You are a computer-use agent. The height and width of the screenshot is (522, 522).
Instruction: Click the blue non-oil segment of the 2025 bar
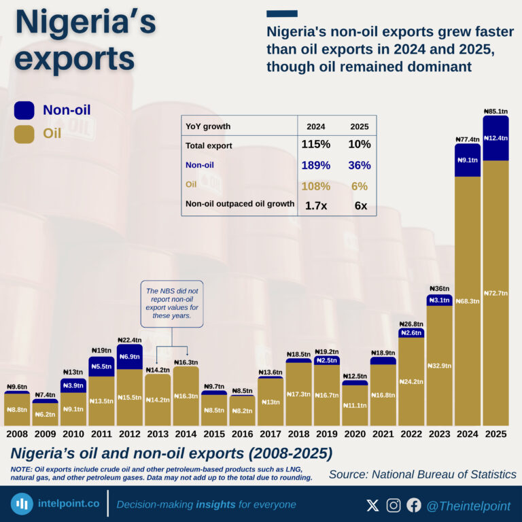495,138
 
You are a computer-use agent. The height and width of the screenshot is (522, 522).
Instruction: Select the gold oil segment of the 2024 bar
468,299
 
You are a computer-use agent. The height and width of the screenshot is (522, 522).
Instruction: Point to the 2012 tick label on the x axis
129,434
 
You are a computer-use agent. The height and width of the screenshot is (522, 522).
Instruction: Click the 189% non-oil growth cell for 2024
316,165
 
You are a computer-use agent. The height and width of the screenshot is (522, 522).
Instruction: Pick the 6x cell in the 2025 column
360,205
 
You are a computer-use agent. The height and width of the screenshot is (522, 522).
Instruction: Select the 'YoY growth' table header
208,126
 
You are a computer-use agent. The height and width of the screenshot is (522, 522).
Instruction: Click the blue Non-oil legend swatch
24,110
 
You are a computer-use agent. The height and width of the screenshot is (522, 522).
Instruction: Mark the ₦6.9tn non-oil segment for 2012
129,357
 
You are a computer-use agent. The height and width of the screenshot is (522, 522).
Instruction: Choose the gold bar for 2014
186,396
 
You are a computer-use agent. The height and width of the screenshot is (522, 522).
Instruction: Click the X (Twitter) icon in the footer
372,505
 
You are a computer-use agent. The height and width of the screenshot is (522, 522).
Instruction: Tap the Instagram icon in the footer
394,505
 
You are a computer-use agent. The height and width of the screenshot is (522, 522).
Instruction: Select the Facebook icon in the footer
414,505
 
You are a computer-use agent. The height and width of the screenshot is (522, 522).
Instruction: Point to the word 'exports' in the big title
75,59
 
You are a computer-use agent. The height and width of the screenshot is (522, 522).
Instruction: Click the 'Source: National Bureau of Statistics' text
422,474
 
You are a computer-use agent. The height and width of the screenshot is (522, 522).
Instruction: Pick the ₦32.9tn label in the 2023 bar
439,366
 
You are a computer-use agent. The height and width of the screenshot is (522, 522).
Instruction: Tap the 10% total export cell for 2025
360,144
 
